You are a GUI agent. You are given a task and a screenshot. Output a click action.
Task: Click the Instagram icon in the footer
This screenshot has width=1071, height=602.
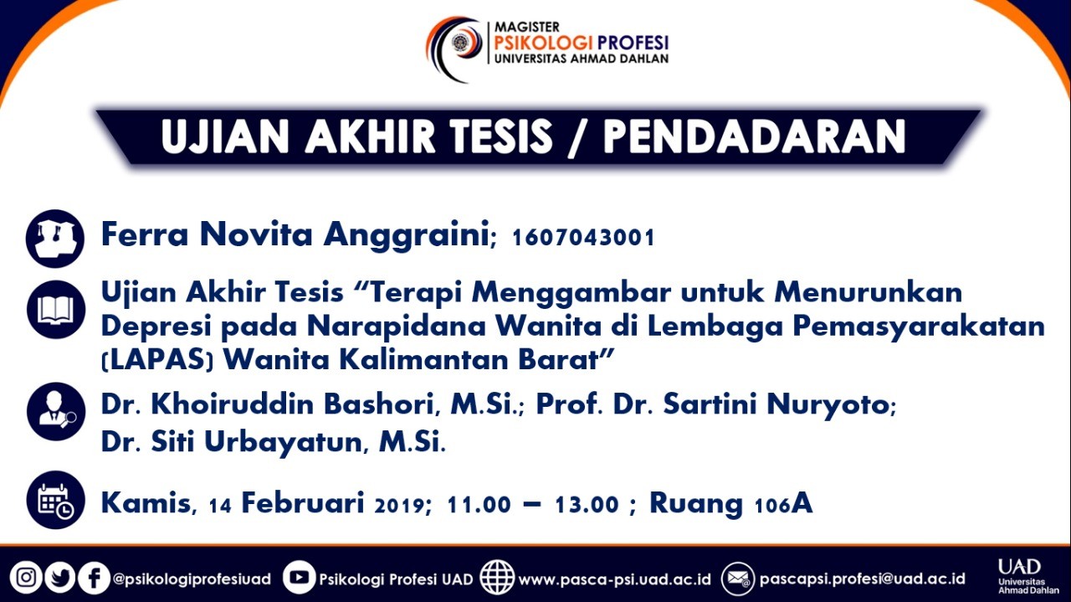tap(26, 578)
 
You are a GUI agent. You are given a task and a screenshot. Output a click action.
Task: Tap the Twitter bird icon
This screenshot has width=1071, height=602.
tap(59, 578)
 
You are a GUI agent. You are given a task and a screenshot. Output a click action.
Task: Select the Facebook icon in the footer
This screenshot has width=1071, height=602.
tap(94, 578)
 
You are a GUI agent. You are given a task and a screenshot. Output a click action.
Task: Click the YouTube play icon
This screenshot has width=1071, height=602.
tap(300, 577)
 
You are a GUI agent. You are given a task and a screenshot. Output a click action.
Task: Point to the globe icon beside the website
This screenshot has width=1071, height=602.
tap(497, 577)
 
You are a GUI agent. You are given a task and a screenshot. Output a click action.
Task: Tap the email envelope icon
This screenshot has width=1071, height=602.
tap(738, 578)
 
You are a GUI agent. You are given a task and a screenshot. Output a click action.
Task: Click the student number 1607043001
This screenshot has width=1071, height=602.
tap(583, 237)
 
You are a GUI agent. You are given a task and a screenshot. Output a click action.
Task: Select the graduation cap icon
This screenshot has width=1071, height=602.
tap(55, 239)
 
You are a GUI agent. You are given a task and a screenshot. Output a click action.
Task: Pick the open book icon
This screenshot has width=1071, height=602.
tap(56, 310)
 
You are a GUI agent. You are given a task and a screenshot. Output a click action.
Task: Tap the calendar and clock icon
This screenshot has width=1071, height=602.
tap(56, 500)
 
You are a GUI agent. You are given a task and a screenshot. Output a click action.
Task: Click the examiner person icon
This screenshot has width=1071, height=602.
tap(56, 412)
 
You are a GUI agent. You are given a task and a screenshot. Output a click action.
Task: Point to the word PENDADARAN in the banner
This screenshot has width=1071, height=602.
tap(755, 136)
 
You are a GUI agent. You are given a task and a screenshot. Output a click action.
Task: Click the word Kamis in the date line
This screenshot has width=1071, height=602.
tap(146, 503)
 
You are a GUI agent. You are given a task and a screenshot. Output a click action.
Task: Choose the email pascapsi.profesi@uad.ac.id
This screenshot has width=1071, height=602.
tap(862, 579)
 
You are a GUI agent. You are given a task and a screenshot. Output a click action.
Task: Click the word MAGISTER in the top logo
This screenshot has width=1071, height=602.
tap(527, 27)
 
